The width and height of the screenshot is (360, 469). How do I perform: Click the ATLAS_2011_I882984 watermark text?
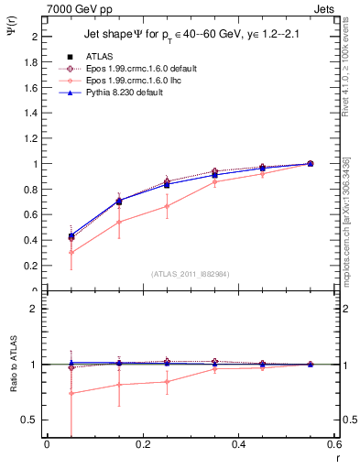pos(190,273)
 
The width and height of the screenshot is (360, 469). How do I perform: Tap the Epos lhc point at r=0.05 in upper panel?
pos(71,252)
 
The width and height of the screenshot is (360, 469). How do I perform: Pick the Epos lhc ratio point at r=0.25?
pos(167,381)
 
